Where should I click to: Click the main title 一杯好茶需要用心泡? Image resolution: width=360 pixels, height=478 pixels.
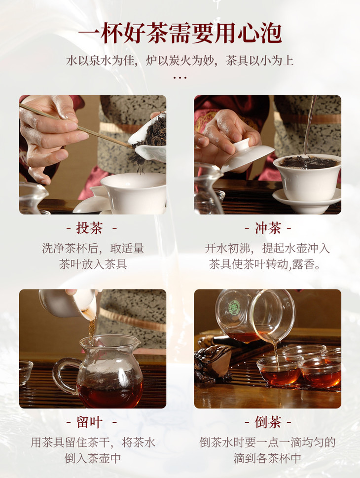coord(180,33)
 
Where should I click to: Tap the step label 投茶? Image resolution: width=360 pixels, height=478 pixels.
coord(90,228)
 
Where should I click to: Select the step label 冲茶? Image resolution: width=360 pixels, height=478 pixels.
coord(268,228)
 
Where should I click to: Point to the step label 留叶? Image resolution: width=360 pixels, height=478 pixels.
coord(90,423)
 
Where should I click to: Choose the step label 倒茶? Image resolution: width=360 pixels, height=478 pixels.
coord(268,423)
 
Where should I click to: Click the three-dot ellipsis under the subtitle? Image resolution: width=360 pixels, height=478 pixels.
coord(180,78)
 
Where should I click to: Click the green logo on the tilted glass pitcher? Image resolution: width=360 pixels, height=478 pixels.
coord(235,306)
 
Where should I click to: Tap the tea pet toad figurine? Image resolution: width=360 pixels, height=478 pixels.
coord(214,364)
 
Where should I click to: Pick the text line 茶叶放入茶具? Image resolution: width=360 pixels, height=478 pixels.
coord(93,264)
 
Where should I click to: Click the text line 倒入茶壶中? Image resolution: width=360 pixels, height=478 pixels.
coord(93,458)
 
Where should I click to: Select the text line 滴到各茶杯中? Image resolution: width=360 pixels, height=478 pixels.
coord(267,458)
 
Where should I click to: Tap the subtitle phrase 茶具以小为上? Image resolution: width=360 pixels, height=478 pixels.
coord(260,61)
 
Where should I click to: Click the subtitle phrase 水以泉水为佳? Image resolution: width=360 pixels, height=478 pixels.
coord(100,61)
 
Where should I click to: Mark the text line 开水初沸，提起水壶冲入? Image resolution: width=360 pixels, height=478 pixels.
coord(267,249)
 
